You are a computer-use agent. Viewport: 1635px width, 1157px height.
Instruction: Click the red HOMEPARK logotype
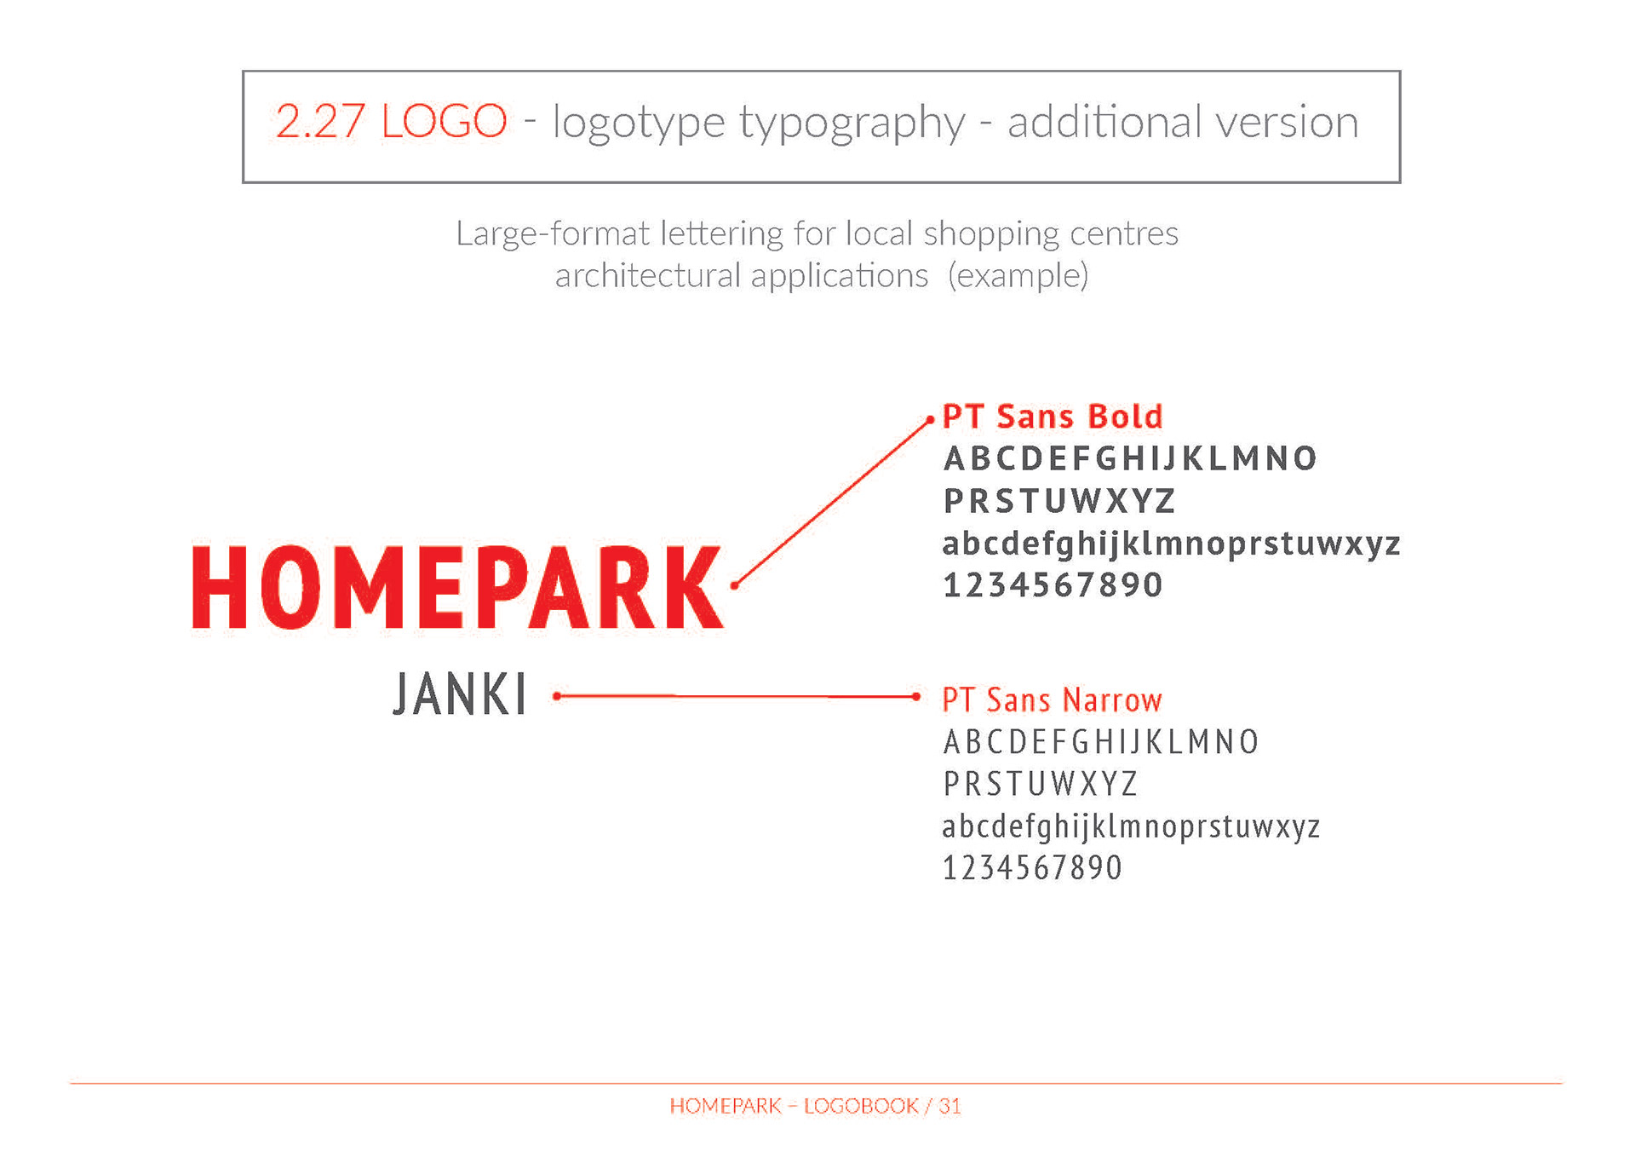coord(457,588)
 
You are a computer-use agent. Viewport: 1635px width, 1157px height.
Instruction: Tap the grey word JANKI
coord(460,694)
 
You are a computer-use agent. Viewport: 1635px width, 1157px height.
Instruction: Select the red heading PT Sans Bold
coord(1053,417)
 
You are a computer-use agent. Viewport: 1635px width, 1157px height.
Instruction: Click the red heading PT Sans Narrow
coord(1052,699)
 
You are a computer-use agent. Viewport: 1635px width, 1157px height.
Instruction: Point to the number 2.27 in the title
coord(320,121)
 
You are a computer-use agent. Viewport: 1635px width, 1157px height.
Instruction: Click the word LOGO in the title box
coord(444,121)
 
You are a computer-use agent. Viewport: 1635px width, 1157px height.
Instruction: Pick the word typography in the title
coord(852,124)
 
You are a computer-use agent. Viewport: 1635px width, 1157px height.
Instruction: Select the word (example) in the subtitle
coord(1018,276)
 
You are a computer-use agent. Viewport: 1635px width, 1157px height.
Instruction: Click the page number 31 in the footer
coord(949,1106)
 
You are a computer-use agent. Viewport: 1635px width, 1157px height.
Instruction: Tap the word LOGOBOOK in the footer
coord(861,1106)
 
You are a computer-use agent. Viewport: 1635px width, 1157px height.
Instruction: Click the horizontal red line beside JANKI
coord(736,696)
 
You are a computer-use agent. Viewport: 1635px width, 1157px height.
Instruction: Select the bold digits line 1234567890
coord(1053,585)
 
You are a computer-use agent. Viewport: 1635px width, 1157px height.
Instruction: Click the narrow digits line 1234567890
coord(1032,868)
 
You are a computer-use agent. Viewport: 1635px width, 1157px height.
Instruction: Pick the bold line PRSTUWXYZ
coord(1059,501)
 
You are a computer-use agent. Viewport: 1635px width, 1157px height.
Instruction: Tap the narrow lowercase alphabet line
coord(1131,826)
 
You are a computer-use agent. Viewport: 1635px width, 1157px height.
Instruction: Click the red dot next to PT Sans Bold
coord(930,420)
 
